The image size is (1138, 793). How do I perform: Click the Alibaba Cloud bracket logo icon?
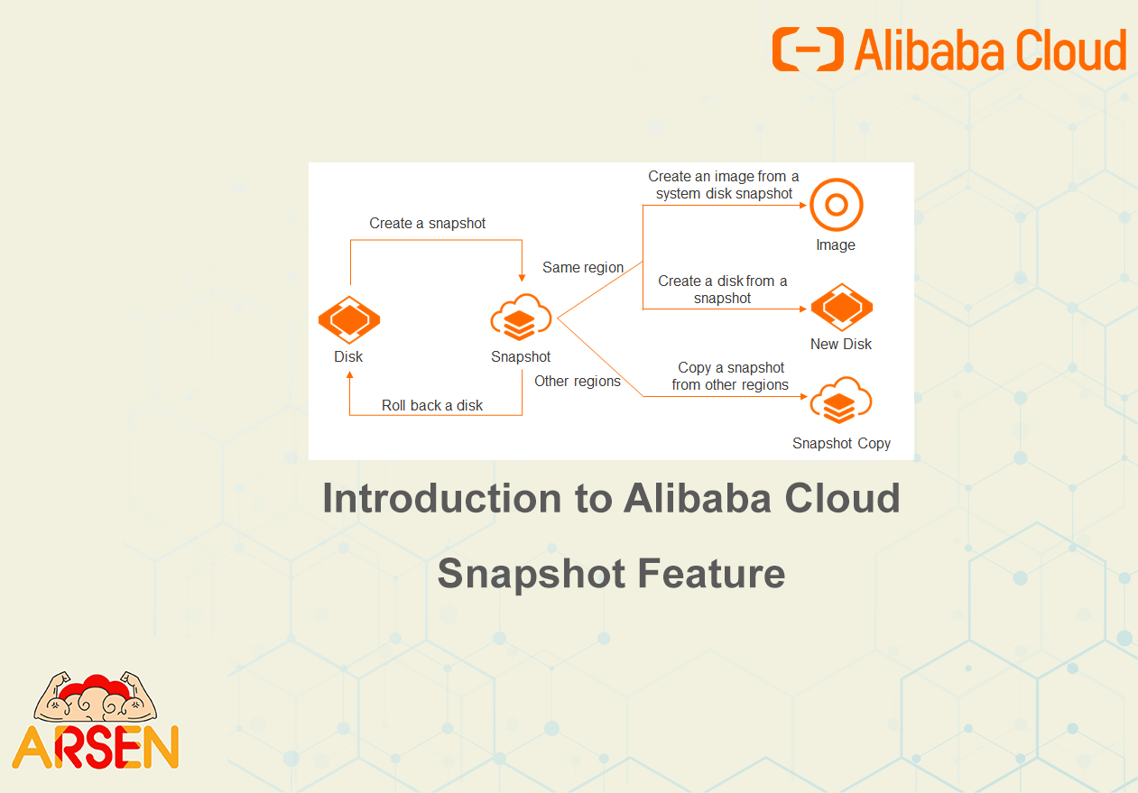pos(808,49)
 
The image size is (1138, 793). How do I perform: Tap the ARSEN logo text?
pos(96,747)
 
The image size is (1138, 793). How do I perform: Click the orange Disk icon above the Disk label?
pos(349,319)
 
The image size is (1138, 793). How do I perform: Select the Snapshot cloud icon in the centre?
pos(521,317)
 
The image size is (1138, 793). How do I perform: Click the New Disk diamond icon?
pos(842,308)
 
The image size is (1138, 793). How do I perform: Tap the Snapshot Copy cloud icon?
pos(841,401)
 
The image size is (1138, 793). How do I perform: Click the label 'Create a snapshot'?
pos(427,224)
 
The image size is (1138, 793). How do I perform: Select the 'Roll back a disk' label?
pos(432,405)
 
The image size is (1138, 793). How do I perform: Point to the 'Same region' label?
pos(583,268)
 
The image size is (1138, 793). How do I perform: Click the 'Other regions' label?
pos(578,381)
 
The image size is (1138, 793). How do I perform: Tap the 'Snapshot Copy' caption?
pos(841,444)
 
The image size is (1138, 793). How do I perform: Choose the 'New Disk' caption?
pos(841,344)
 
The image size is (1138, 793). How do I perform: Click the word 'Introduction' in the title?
pos(441,498)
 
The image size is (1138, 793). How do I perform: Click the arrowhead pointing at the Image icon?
pos(803,205)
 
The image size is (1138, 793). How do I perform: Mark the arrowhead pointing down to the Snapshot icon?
pos(522,278)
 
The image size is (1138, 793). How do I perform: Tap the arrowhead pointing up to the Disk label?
pos(349,375)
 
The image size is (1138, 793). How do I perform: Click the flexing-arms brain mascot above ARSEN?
pos(96,696)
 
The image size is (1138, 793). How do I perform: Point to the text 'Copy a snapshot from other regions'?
pos(730,376)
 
